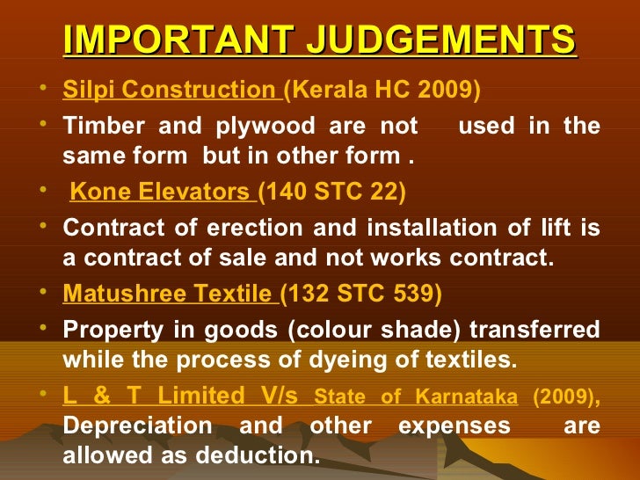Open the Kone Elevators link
[x=162, y=192]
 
